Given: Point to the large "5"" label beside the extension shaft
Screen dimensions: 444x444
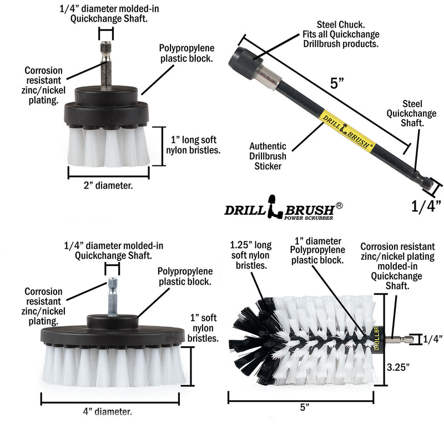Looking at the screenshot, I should tap(337, 84).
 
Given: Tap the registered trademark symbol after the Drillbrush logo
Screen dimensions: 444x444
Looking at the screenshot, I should tap(339, 205).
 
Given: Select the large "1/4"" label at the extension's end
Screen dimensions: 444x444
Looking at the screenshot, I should tap(426, 207).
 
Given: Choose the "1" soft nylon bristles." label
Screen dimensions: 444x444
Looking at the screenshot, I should tap(203, 329).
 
